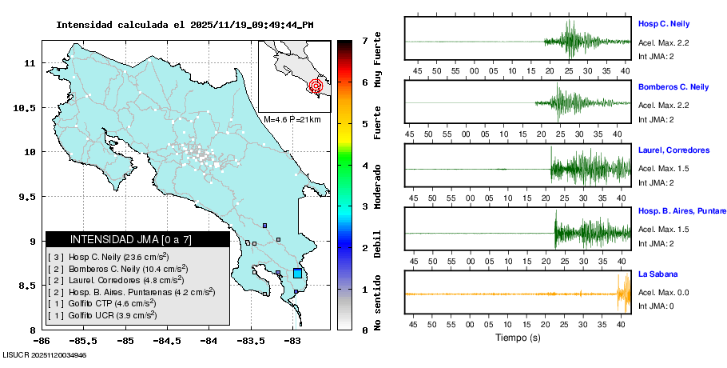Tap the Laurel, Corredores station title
click(673, 150)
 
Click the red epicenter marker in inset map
click(316, 85)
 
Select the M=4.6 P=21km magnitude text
click(292, 119)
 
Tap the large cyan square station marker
click(297, 274)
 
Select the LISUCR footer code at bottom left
click(45, 354)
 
